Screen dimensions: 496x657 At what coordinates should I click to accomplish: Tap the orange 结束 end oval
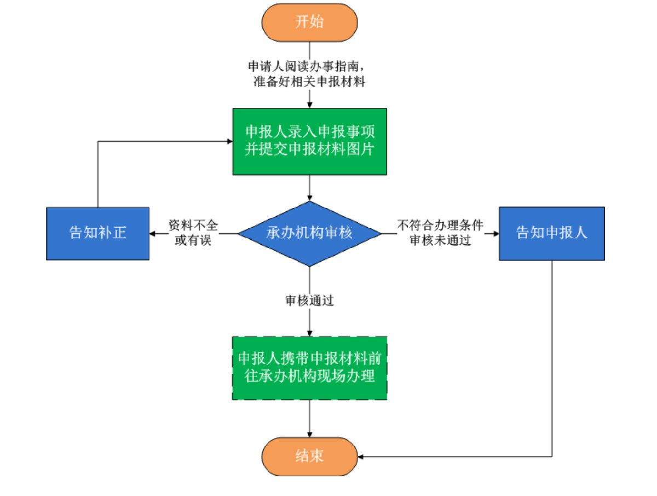click(310, 455)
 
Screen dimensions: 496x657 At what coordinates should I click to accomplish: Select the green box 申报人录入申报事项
click(310, 141)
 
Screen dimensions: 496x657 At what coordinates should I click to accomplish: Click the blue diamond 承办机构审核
click(310, 233)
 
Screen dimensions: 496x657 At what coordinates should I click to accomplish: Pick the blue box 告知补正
click(98, 233)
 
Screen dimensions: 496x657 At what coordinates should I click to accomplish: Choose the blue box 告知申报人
click(552, 233)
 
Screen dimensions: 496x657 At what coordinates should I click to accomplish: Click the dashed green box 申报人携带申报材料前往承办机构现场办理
click(310, 368)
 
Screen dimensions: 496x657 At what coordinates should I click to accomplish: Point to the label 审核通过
click(310, 301)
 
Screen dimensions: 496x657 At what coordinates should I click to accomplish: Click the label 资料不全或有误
click(193, 233)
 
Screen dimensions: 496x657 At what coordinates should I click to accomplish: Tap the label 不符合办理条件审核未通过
click(440, 233)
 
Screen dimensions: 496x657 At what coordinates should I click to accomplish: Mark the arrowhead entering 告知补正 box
click(153, 234)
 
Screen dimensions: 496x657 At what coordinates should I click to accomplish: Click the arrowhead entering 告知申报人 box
click(495, 234)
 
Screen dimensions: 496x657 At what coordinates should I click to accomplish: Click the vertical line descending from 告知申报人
click(552, 356)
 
